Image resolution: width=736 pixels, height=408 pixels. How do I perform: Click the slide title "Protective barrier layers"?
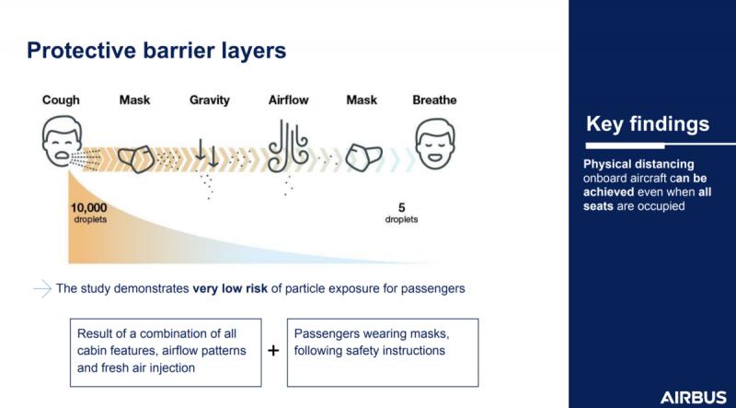click(156, 51)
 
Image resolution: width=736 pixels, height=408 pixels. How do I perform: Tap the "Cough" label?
click(61, 100)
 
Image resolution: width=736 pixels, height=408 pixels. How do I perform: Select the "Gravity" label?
click(210, 100)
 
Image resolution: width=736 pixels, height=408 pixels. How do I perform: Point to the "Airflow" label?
click(289, 100)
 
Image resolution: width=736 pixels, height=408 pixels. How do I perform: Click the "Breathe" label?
click(434, 100)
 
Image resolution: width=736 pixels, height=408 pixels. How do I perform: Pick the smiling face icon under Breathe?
click(434, 143)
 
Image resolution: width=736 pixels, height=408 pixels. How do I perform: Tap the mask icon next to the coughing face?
click(136, 158)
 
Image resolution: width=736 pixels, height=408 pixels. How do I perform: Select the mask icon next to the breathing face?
click(363, 157)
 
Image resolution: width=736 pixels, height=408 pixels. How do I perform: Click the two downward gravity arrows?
click(207, 153)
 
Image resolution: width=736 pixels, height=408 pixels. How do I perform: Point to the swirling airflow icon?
click(288, 146)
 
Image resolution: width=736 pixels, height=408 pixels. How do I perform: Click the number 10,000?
click(88, 208)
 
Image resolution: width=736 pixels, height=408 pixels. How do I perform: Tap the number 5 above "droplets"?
click(401, 207)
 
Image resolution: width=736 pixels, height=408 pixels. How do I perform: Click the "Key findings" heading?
click(648, 124)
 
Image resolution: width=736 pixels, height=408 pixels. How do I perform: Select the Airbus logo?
click(694, 397)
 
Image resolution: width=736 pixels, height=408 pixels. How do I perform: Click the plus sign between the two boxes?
click(273, 351)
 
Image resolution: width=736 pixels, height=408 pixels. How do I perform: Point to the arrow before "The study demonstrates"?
click(42, 288)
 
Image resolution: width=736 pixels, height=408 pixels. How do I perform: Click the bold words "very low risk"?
click(230, 288)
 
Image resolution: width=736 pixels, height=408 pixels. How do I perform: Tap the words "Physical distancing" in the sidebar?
click(638, 165)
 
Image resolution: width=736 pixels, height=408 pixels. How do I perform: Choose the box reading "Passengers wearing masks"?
click(383, 353)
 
